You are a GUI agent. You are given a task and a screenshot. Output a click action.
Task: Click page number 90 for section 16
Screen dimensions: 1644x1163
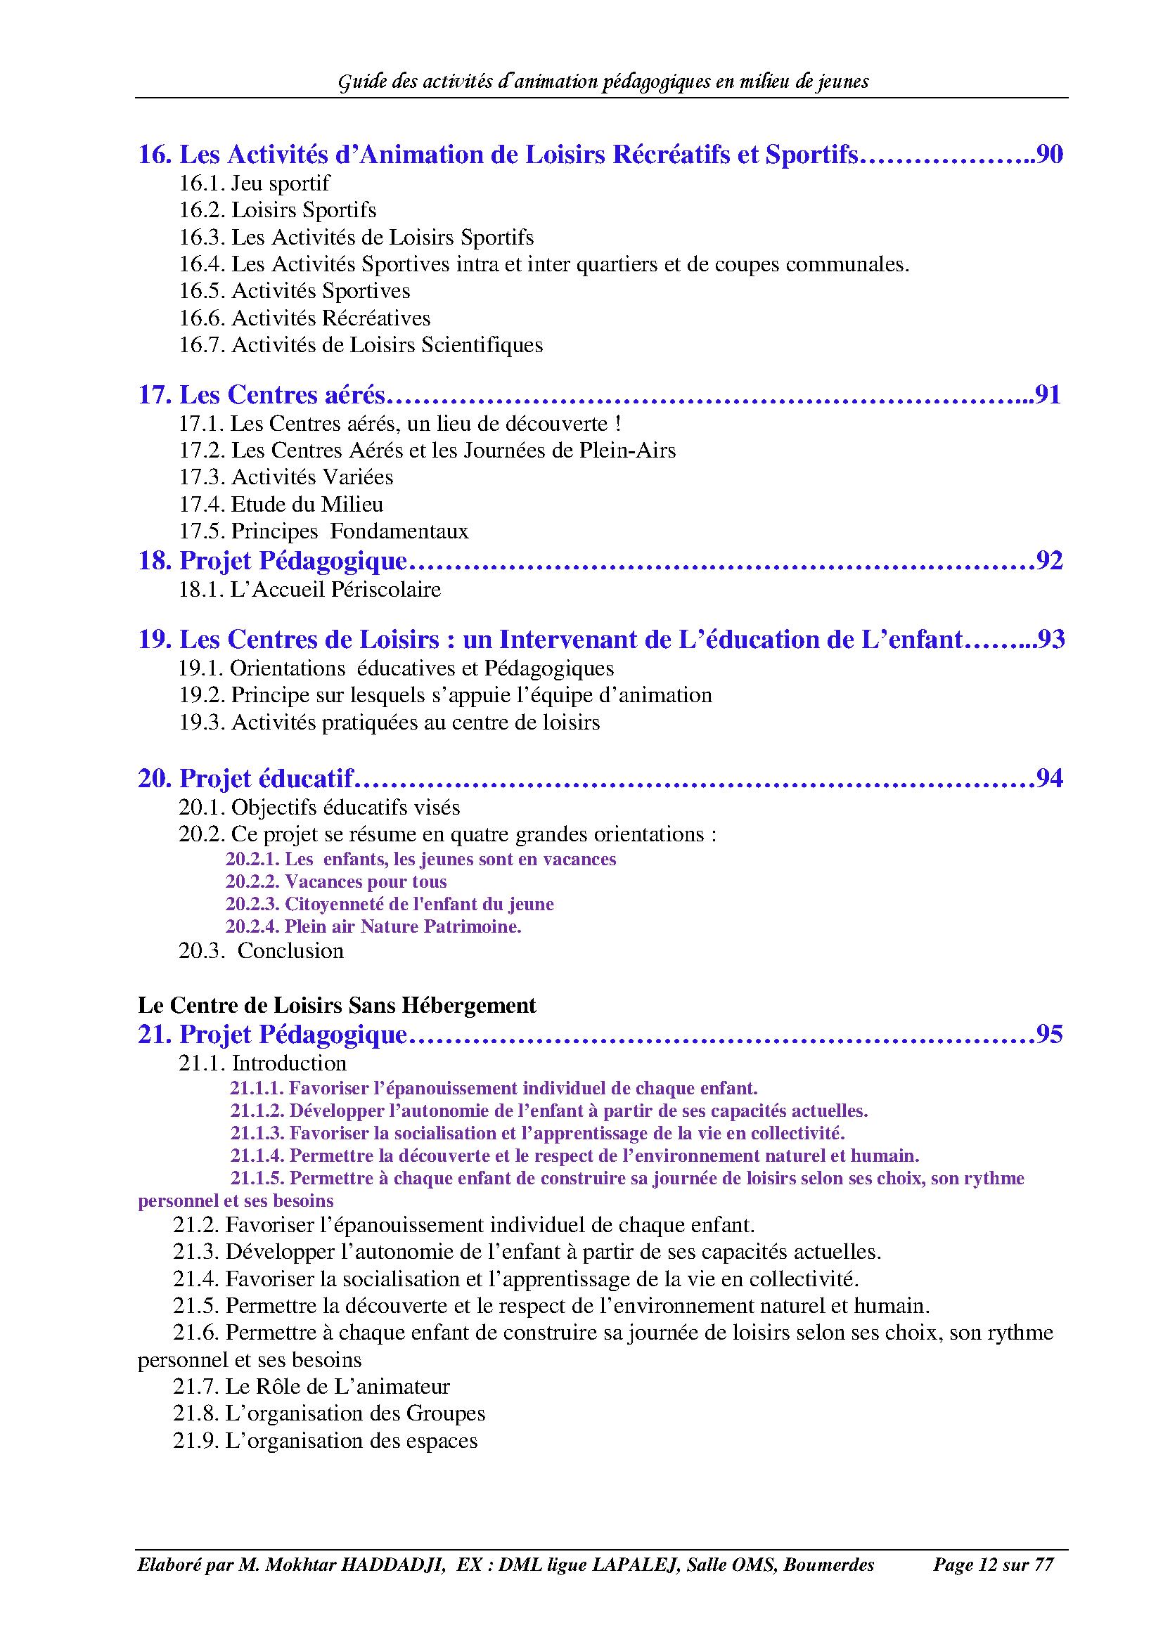[x=1050, y=155]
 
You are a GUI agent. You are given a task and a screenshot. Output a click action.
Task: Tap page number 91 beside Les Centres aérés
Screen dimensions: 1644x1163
[x=1048, y=394]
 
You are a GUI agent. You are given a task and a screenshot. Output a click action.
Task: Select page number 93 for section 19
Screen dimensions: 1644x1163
[x=1051, y=639]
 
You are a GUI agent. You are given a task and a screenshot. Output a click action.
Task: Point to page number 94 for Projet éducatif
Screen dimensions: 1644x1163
[x=1050, y=777]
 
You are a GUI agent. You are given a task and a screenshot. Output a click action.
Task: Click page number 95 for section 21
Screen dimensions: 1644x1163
[x=1050, y=1034]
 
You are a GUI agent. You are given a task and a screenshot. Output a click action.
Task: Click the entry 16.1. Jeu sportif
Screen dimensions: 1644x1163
[x=255, y=183]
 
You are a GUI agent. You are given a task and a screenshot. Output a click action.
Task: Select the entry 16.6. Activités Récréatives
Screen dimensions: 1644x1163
[x=305, y=318]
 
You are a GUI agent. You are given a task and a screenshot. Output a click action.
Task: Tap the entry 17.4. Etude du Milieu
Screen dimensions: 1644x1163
[x=281, y=504]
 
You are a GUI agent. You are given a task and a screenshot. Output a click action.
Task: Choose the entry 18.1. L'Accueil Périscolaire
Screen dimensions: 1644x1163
[x=309, y=589]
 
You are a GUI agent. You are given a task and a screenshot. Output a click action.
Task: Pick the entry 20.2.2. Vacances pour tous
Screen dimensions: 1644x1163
[x=336, y=881]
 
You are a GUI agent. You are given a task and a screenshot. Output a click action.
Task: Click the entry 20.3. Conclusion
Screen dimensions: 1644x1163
[x=262, y=950]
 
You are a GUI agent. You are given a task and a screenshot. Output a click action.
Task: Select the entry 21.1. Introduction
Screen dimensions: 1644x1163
[x=262, y=1063]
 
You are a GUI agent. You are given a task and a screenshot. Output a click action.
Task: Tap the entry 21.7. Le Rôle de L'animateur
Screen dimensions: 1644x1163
[x=311, y=1386]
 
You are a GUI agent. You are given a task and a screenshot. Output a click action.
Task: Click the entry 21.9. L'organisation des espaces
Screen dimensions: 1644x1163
[x=325, y=1441]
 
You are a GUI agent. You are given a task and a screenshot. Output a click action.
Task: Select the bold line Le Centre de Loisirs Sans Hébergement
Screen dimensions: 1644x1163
[x=337, y=1005]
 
